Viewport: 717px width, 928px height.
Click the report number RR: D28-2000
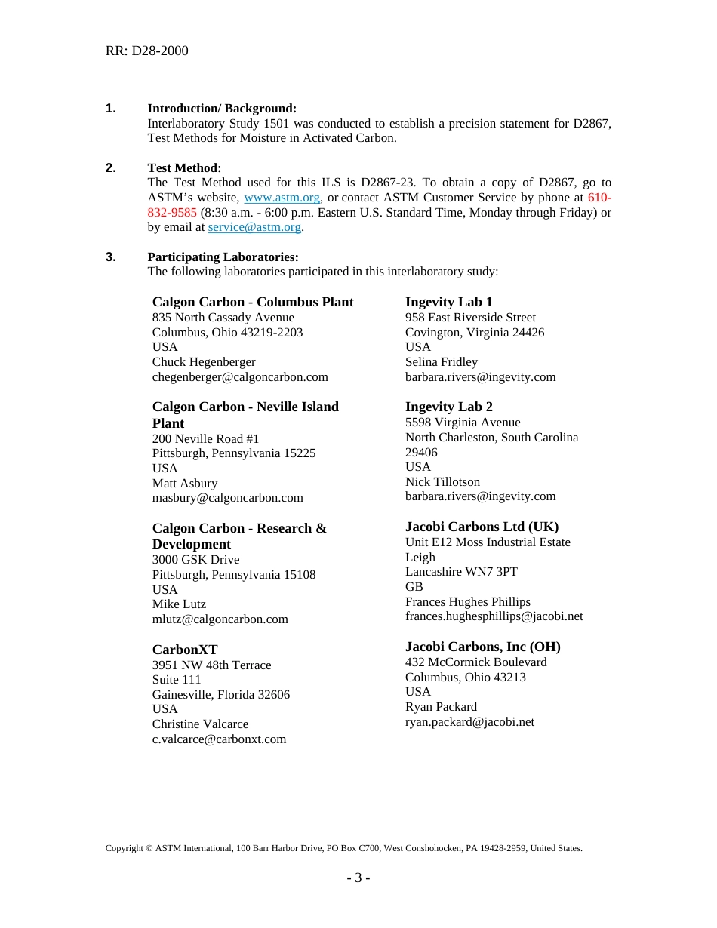146,51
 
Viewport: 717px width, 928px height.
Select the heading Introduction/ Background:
222,109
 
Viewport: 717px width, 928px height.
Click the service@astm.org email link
254,227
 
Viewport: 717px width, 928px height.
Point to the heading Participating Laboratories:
223,257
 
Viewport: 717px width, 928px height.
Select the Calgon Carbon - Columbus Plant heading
253,302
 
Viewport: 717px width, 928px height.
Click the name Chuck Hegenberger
204,362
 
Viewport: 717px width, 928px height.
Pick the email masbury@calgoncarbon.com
228,498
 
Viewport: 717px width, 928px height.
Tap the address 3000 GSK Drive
195,560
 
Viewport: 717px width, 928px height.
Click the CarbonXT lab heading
185,650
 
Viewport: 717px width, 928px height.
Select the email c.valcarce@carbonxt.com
219,739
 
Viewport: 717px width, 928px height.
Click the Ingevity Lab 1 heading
448,302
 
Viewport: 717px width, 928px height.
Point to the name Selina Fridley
442,362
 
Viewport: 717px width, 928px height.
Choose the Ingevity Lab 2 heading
448,407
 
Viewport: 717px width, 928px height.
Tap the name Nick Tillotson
442,482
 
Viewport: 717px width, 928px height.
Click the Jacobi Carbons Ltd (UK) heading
482,527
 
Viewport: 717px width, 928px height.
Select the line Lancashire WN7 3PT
461,572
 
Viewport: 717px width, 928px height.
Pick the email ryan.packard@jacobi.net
469,722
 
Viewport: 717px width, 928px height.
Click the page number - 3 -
358,877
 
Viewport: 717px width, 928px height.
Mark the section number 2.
111,168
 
